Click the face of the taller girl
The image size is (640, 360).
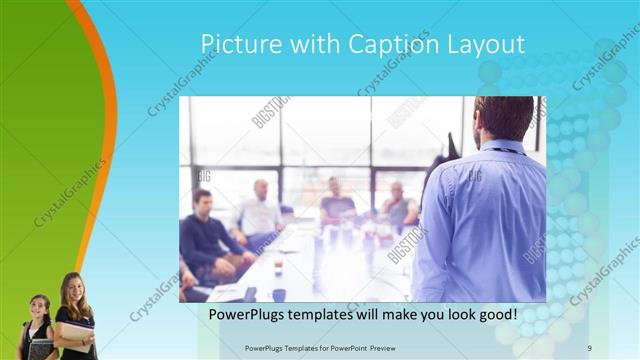click(x=74, y=291)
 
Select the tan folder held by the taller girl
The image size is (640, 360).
click(x=77, y=331)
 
